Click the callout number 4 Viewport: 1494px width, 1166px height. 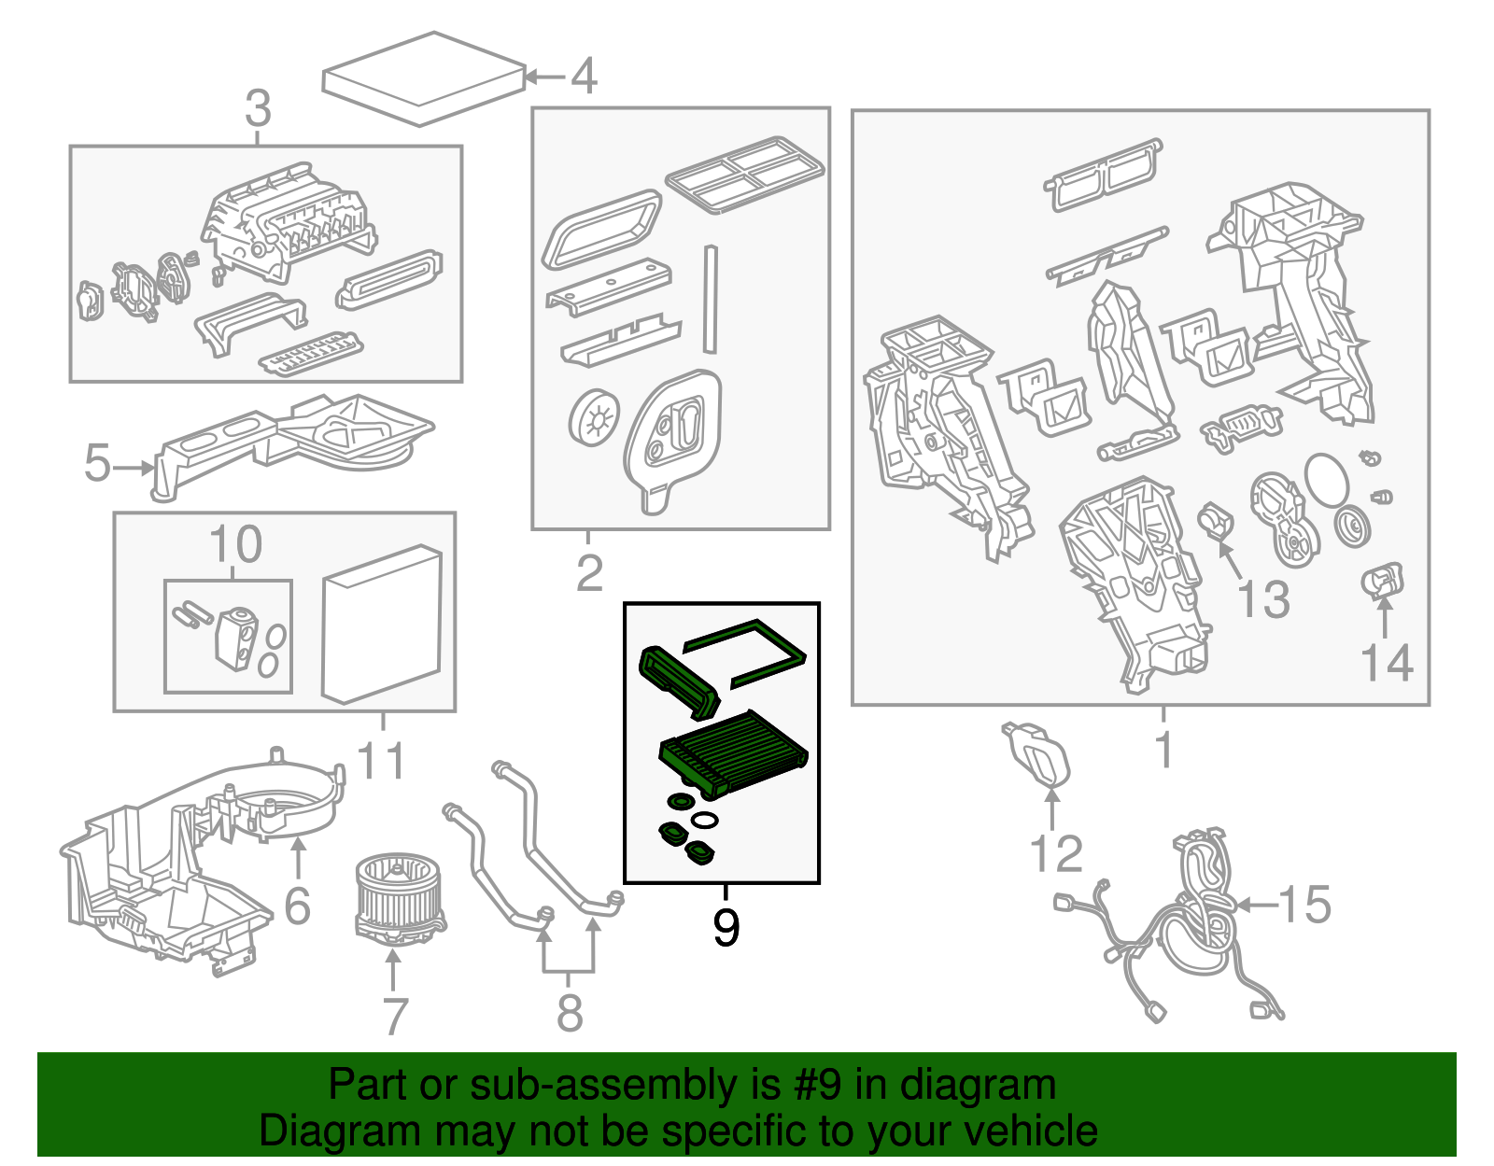[584, 76]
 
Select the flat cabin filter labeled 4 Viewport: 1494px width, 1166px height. [424, 78]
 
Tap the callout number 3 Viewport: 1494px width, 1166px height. [258, 109]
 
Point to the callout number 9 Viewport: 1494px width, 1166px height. [726, 927]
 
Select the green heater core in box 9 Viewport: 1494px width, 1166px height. [733, 752]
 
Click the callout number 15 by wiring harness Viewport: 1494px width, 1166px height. [1304, 904]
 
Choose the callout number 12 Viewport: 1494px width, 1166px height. [1056, 853]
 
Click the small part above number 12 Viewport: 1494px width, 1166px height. [1036, 752]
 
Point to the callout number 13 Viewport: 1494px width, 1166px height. [1263, 598]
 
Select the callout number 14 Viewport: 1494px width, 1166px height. [1387, 662]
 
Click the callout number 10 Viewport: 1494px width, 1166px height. [235, 544]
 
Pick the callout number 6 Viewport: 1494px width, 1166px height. [297, 906]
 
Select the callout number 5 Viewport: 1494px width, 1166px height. [97, 464]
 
